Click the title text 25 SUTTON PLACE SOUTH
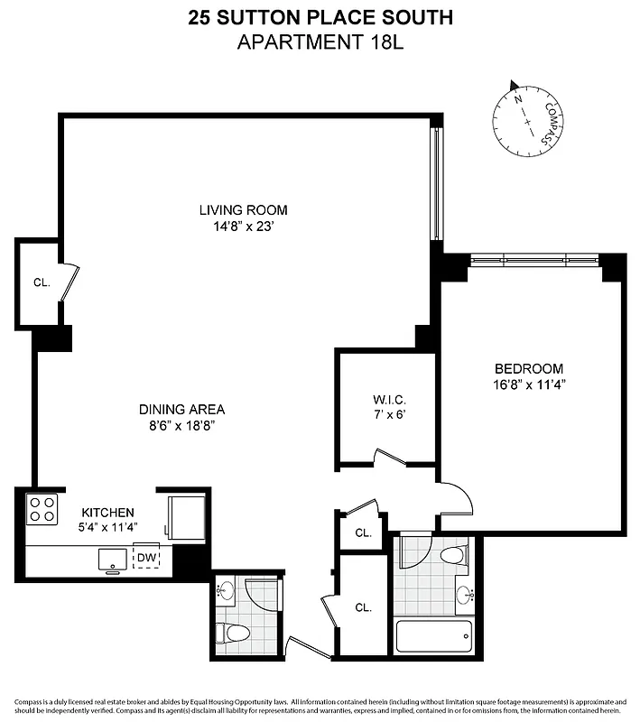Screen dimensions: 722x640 click(x=320, y=16)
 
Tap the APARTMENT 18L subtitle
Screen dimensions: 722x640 click(x=320, y=41)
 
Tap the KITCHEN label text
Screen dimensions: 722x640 click(x=107, y=512)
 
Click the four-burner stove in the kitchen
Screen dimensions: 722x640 click(x=42, y=510)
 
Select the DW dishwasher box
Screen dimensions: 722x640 click(x=146, y=558)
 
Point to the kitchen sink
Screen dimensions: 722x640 click(x=113, y=560)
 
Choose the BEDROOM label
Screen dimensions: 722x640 click(x=528, y=368)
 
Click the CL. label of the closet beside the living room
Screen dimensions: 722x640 click(x=41, y=282)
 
